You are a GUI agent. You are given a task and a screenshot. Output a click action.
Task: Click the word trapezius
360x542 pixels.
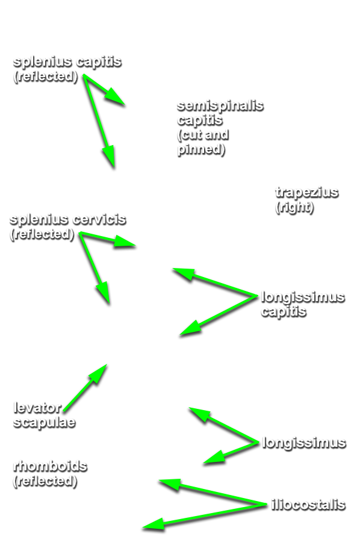(306, 193)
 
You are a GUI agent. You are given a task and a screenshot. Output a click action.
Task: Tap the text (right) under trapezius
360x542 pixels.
(294, 207)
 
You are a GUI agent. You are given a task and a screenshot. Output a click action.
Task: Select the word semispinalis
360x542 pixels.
(220, 106)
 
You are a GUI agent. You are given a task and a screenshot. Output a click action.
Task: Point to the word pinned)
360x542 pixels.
(201, 150)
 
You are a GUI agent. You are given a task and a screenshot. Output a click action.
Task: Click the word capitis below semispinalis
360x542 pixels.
(200, 120)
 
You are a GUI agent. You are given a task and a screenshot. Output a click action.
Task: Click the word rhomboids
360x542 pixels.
(50, 466)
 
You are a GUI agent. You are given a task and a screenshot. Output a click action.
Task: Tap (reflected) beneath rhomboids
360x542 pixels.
(45, 481)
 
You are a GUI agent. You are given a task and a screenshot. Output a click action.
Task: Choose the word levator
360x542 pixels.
(37, 408)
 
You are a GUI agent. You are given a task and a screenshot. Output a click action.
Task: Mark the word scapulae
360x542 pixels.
(44, 422)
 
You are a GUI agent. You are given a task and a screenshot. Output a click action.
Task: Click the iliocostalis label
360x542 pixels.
(308, 505)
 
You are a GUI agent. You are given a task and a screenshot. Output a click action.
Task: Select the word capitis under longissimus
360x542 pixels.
(284, 312)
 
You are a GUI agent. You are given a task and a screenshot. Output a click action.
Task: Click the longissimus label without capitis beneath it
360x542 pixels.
(304, 443)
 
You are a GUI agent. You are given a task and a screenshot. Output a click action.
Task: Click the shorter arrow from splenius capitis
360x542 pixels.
(104, 90)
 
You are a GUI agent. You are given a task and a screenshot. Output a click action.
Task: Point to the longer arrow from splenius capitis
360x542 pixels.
(99, 121)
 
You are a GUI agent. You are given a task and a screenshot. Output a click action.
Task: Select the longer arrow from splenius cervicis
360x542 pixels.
(95, 268)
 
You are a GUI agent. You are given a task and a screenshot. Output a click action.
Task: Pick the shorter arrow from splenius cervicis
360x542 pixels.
(107, 239)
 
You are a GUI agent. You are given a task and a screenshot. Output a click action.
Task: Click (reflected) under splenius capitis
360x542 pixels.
(46, 76)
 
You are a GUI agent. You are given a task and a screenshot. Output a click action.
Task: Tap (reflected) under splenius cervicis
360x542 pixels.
(42, 234)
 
